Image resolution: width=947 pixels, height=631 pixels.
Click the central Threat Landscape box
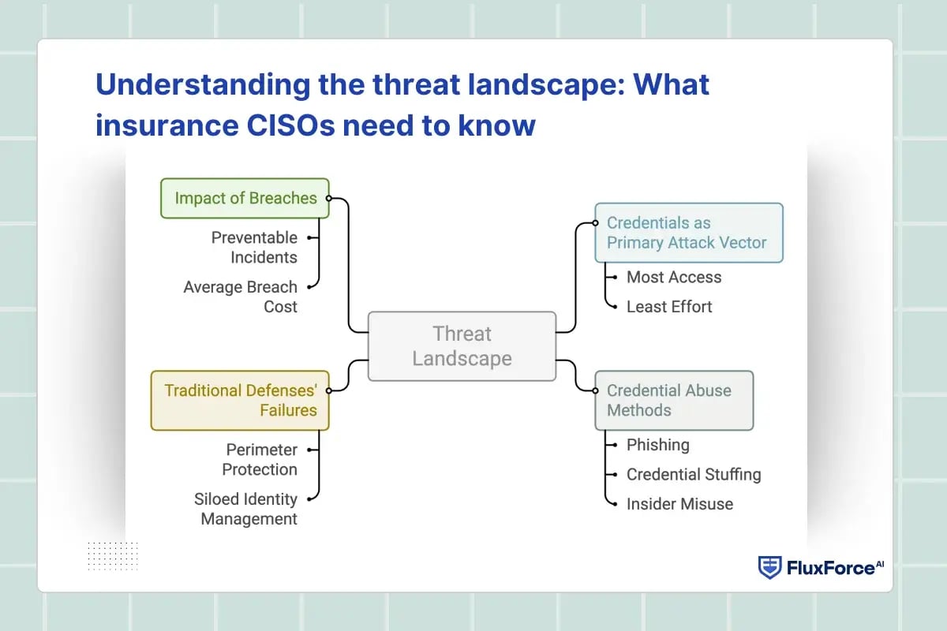tap(462, 346)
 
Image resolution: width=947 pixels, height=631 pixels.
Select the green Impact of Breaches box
tap(245, 198)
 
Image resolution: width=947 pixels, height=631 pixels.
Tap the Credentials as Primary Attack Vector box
tap(688, 233)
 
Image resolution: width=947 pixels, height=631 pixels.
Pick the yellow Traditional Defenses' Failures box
tap(240, 400)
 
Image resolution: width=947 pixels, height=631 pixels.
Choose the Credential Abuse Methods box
tap(674, 400)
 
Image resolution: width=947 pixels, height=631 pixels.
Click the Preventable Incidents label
tap(254, 247)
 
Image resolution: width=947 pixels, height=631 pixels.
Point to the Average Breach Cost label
tap(241, 297)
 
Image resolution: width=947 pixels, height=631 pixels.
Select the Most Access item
tap(673, 277)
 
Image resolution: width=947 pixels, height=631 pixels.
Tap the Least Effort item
tap(668, 307)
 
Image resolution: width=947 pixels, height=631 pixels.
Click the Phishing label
tap(657, 445)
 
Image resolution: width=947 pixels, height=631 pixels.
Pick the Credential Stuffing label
tap(693, 474)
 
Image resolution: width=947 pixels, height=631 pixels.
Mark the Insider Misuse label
tap(679, 504)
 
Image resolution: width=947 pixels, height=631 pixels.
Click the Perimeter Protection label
tap(260, 459)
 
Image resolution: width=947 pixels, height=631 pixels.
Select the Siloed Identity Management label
tap(245, 509)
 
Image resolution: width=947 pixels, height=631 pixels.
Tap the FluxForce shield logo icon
tap(769, 567)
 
